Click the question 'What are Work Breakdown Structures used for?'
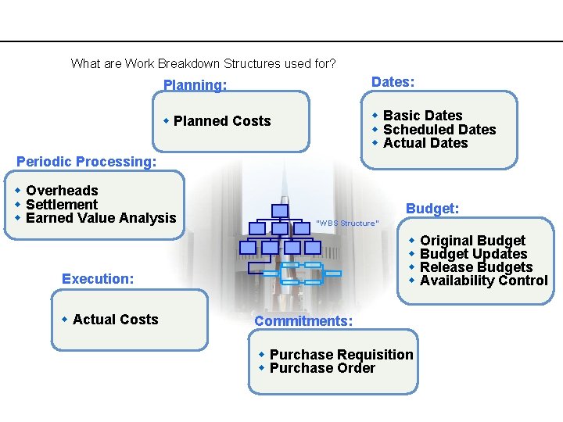(203, 63)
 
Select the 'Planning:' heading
(195, 85)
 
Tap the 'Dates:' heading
(393, 82)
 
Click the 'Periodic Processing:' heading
(87, 162)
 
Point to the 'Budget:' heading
(432, 209)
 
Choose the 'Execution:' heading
(98, 279)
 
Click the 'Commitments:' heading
(303, 321)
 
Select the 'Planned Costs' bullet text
(222, 121)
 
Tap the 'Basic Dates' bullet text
(422, 116)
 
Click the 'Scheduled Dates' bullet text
(439, 130)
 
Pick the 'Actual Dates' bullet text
(425, 143)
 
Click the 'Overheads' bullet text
(62, 191)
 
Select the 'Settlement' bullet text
(62, 205)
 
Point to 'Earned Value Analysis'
(101, 218)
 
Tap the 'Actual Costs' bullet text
(115, 320)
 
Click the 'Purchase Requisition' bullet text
(341, 355)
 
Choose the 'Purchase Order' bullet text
(322, 368)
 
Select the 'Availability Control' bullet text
(483, 281)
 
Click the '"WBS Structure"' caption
(347, 224)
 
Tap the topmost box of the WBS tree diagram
(280, 210)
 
